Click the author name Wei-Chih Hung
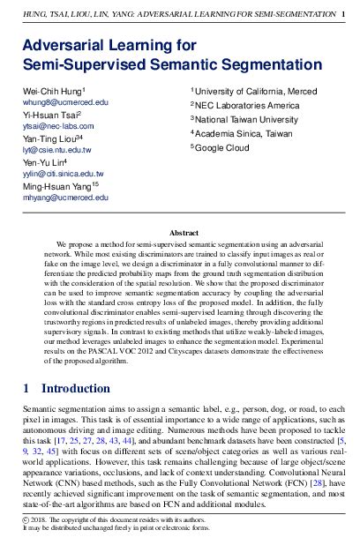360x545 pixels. click(x=52, y=92)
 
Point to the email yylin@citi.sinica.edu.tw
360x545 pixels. click(x=63, y=174)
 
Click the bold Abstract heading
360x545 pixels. click(x=179, y=229)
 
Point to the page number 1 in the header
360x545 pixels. click(x=342, y=14)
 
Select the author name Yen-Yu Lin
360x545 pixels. click(x=47, y=161)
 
